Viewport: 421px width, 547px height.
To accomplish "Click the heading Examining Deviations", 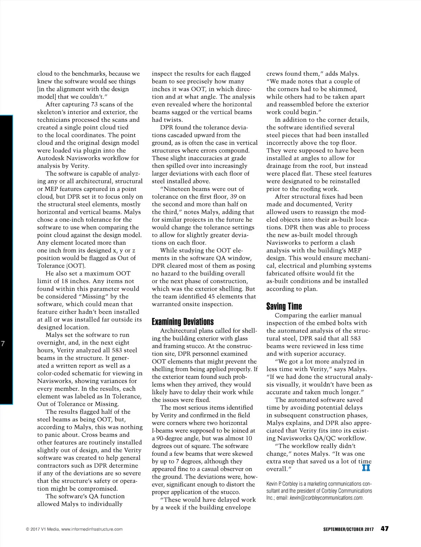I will tap(182, 322).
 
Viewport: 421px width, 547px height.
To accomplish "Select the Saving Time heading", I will tap(284, 306).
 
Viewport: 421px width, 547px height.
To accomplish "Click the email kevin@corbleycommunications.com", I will tap(326, 498).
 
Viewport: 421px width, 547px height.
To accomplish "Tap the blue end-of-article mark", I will tap(366, 468).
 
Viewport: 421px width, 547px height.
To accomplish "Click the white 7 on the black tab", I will tap(3, 344).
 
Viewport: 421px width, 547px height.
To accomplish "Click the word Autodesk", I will tap(51, 158).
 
